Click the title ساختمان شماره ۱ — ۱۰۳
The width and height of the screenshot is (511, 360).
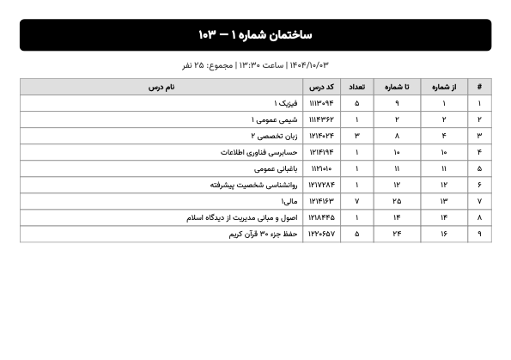pyautogui.click(x=255, y=35)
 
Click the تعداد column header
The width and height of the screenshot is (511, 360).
pyautogui.click(x=356, y=87)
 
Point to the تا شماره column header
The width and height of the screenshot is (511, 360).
pyautogui.click(x=397, y=87)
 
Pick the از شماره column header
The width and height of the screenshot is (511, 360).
pyautogui.click(x=444, y=87)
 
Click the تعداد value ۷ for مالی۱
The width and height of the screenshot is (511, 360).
pyautogui.click(x=356, y=201)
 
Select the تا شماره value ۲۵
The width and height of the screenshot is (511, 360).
pyautogui.click(x=397, y=201)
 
